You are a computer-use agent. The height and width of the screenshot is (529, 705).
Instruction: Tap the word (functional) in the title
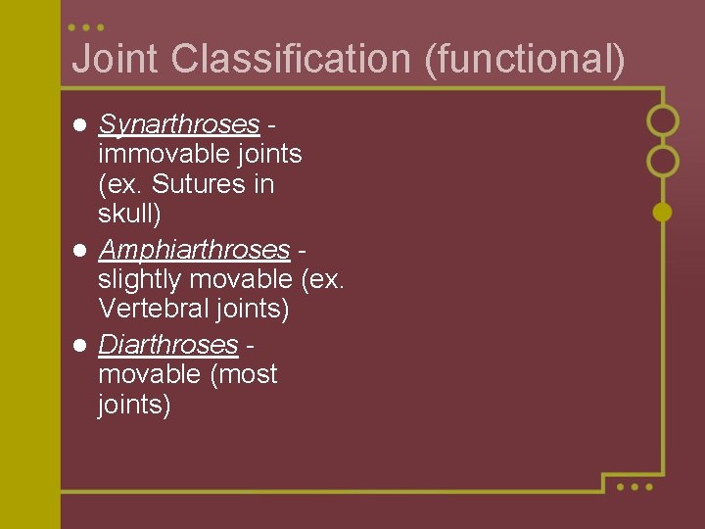pyautogui.click(x=524, y=59)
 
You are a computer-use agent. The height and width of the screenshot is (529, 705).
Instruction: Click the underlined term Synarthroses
pyautogui.click(x=179, y=124)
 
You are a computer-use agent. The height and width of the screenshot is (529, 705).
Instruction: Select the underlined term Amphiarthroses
pyautogui.click(x=194, y=250)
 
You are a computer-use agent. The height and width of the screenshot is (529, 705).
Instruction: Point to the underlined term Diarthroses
pyautogui.click(x=168, y=345)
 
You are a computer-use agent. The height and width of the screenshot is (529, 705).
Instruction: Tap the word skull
pyautogui.click(x=128, y=214)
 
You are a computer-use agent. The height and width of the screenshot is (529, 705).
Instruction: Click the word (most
pyautogui.click(x=243, y=374)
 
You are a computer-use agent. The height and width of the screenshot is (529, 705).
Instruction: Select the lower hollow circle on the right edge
pyautogui.click(x=663, y=161)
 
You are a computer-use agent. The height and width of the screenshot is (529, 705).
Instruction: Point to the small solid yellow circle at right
pyautogui.click(x=663, y=211)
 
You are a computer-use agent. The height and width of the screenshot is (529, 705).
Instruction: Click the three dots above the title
pyautogui.click(x=87, y=27)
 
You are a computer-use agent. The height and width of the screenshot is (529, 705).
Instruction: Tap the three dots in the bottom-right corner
pyautogui.click(x=634, y=486)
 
